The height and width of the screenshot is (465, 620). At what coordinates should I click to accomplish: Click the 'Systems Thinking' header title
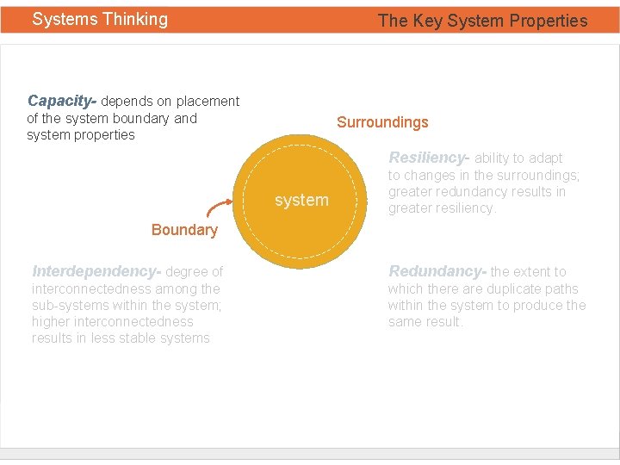click(100, 19)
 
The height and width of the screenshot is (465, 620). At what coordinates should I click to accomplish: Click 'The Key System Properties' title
click(482, 21)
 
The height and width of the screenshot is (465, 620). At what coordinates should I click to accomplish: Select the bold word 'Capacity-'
click(62, 101)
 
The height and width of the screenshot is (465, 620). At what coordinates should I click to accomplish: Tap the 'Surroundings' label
click(382, 122)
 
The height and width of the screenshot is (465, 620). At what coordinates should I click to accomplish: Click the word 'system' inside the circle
click(301, 200)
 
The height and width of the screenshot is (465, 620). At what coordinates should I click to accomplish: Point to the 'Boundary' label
click(184, 230)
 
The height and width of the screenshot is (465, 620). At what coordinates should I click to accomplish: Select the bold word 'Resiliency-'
click(429, 158)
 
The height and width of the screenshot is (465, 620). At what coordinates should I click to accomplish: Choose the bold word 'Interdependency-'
click(96, 271)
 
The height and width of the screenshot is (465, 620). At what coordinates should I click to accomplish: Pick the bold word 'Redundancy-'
click(437, 271)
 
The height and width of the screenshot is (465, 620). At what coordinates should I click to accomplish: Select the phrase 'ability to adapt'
click(518, 158)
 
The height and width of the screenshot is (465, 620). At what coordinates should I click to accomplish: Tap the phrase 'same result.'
click(425, 322)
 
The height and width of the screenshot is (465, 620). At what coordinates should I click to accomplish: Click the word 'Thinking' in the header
click(136, 19)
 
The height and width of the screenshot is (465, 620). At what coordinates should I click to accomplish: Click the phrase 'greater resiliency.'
click(442, 208)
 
